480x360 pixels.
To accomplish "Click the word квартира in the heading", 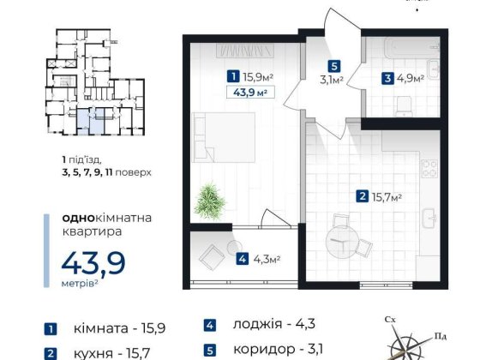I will (x=93, y=231).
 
